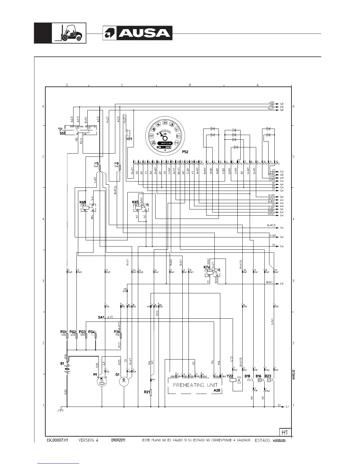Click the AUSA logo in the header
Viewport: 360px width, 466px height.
point(137,33)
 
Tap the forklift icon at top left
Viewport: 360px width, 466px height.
point(69,33)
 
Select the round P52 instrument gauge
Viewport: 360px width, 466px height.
point(164,133)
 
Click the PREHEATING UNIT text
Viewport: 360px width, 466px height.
point(195,385)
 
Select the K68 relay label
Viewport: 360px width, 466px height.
point(83,202)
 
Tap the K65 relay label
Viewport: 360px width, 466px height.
point(135,202)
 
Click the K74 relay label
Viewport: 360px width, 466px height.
point(207,267)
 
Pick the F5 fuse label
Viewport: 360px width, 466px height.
point(96,163)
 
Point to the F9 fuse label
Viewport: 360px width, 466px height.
point(116,163)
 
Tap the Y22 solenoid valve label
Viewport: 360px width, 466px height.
point(230,376)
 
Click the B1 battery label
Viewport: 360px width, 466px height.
point(62,364)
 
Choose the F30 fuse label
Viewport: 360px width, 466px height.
point(117,332)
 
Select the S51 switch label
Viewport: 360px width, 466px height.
point(62,133)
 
